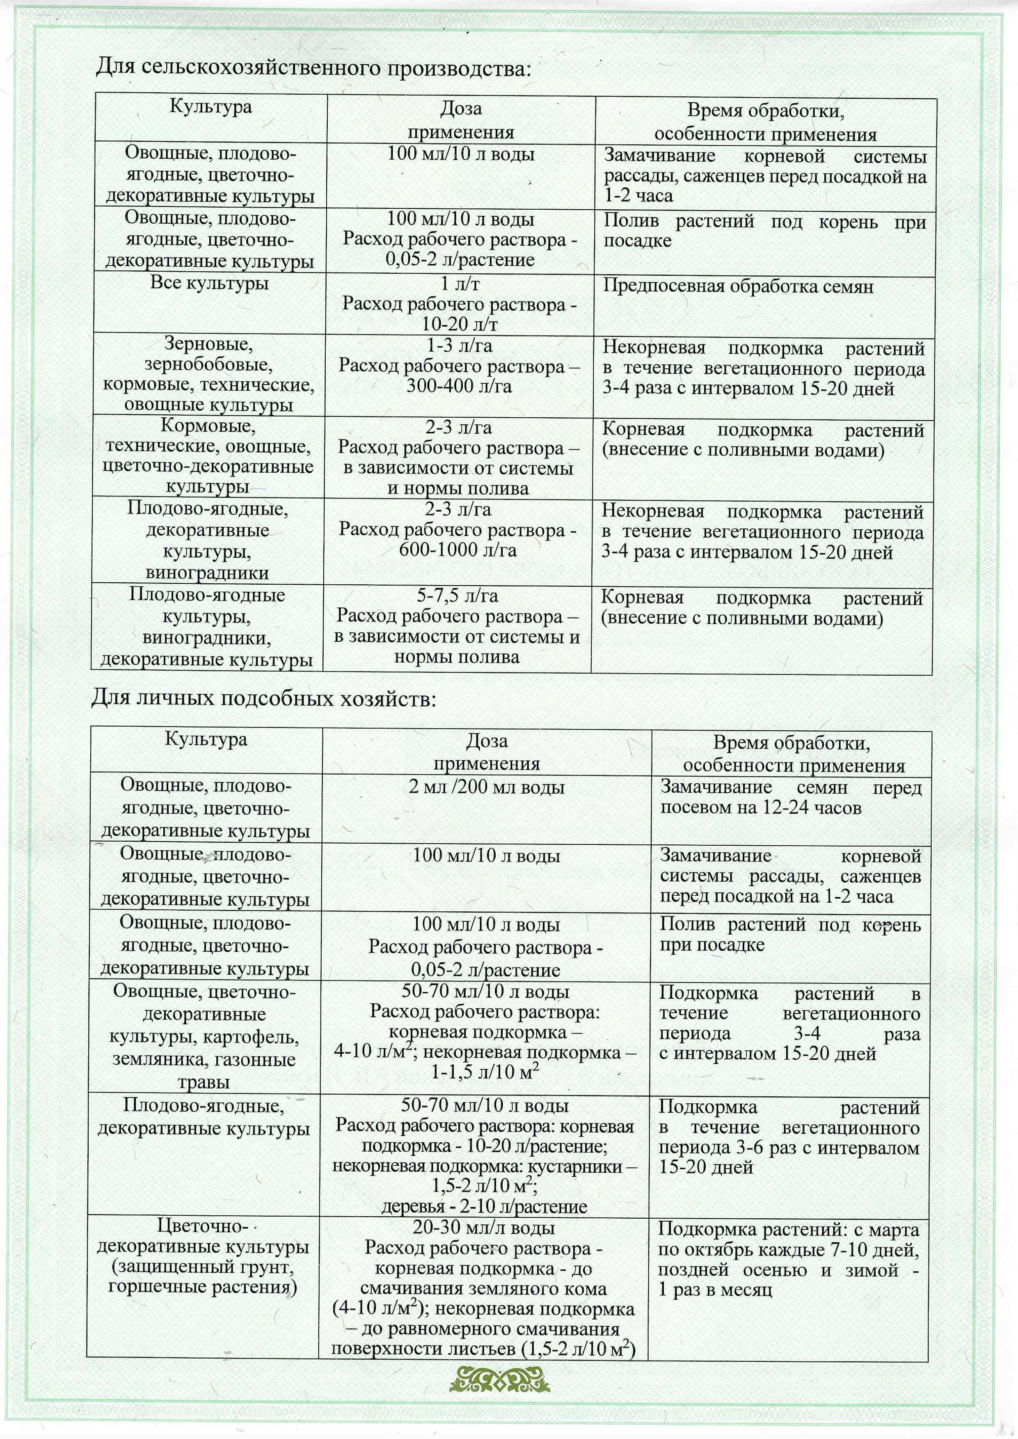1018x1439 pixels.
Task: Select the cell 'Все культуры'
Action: tap(209, 283)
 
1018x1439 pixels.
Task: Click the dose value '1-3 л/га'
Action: tap(460, 346)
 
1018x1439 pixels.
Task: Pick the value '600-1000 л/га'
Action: tap(458, 550)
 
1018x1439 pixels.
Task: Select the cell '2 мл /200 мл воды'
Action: tap(487, 787)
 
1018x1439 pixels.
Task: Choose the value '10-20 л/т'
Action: tap(460, 325)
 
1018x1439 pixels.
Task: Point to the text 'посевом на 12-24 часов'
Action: tap(760, 808)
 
